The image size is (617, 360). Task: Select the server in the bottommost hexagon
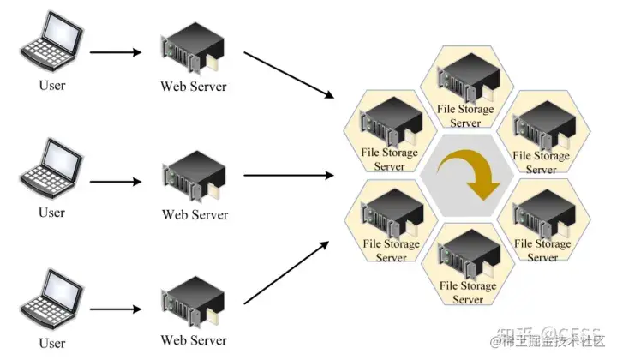(467, 258)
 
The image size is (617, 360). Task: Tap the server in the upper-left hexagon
(391, 125)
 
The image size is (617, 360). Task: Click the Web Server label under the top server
(195, 87)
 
